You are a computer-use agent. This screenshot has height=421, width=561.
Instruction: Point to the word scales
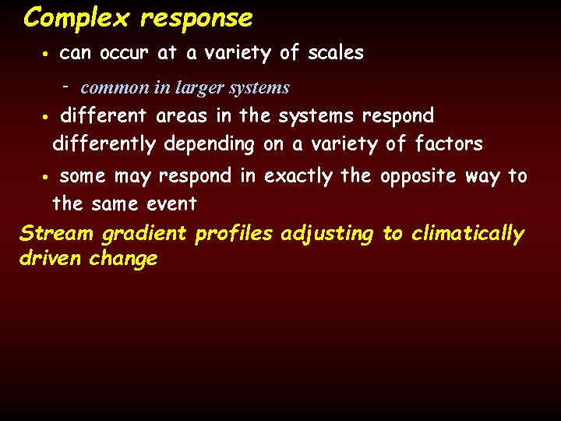[336, 53]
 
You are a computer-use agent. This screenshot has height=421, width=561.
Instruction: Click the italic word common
[115, 88]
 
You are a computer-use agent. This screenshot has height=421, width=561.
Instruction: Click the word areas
[184, 116]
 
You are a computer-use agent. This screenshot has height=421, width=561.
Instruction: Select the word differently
[104, 144]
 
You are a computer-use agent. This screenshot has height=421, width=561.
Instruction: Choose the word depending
[209, 144]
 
